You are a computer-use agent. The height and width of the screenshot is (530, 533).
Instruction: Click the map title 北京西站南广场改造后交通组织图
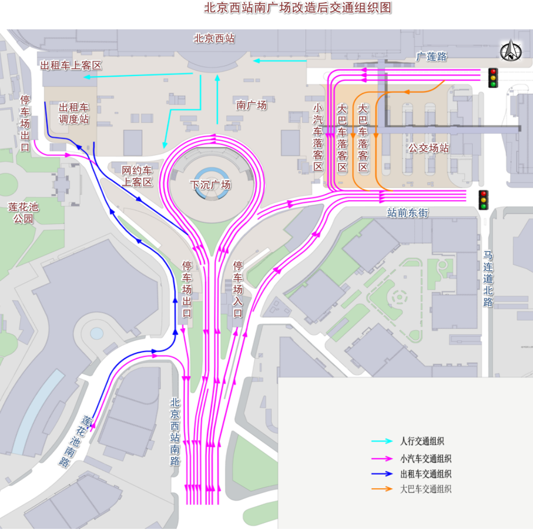(297, 8)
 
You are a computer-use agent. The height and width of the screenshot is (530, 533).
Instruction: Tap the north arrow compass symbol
(511, 52)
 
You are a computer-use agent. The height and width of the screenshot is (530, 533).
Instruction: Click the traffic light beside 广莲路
(493, 78)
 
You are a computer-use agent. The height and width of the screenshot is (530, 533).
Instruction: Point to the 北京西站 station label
(215, 39)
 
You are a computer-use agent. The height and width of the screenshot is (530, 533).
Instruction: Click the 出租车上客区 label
(71, 65)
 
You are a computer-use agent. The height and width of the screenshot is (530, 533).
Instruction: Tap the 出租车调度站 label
(74, 113)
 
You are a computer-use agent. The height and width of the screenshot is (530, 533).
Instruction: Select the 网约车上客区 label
(137, 176)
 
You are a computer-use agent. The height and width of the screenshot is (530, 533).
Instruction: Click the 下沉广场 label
(210, 185)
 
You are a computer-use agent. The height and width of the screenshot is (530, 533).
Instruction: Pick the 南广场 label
(252, 105)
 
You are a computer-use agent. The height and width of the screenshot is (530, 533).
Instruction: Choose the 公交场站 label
(429, 148)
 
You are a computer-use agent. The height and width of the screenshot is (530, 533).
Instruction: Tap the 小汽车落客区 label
(318, 137)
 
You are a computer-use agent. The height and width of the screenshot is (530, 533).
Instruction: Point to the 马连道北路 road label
(488, 279)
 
